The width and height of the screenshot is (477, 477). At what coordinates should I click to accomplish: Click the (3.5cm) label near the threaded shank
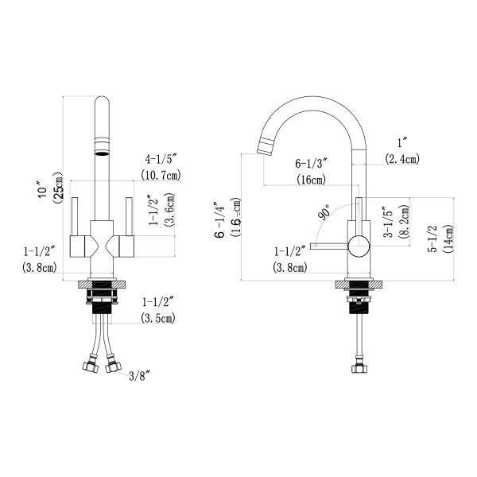[x=159, y=318]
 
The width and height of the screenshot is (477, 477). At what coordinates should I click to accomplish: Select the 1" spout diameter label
[x=402, y=143]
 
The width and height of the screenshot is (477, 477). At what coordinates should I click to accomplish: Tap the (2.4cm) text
[x=402, y=159]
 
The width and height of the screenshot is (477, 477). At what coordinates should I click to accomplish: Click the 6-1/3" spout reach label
[x=311, y=164]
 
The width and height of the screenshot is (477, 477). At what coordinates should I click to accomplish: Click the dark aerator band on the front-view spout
[x=102, y=149]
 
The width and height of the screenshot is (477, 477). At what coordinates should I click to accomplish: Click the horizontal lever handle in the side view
[x=330, y=246]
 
